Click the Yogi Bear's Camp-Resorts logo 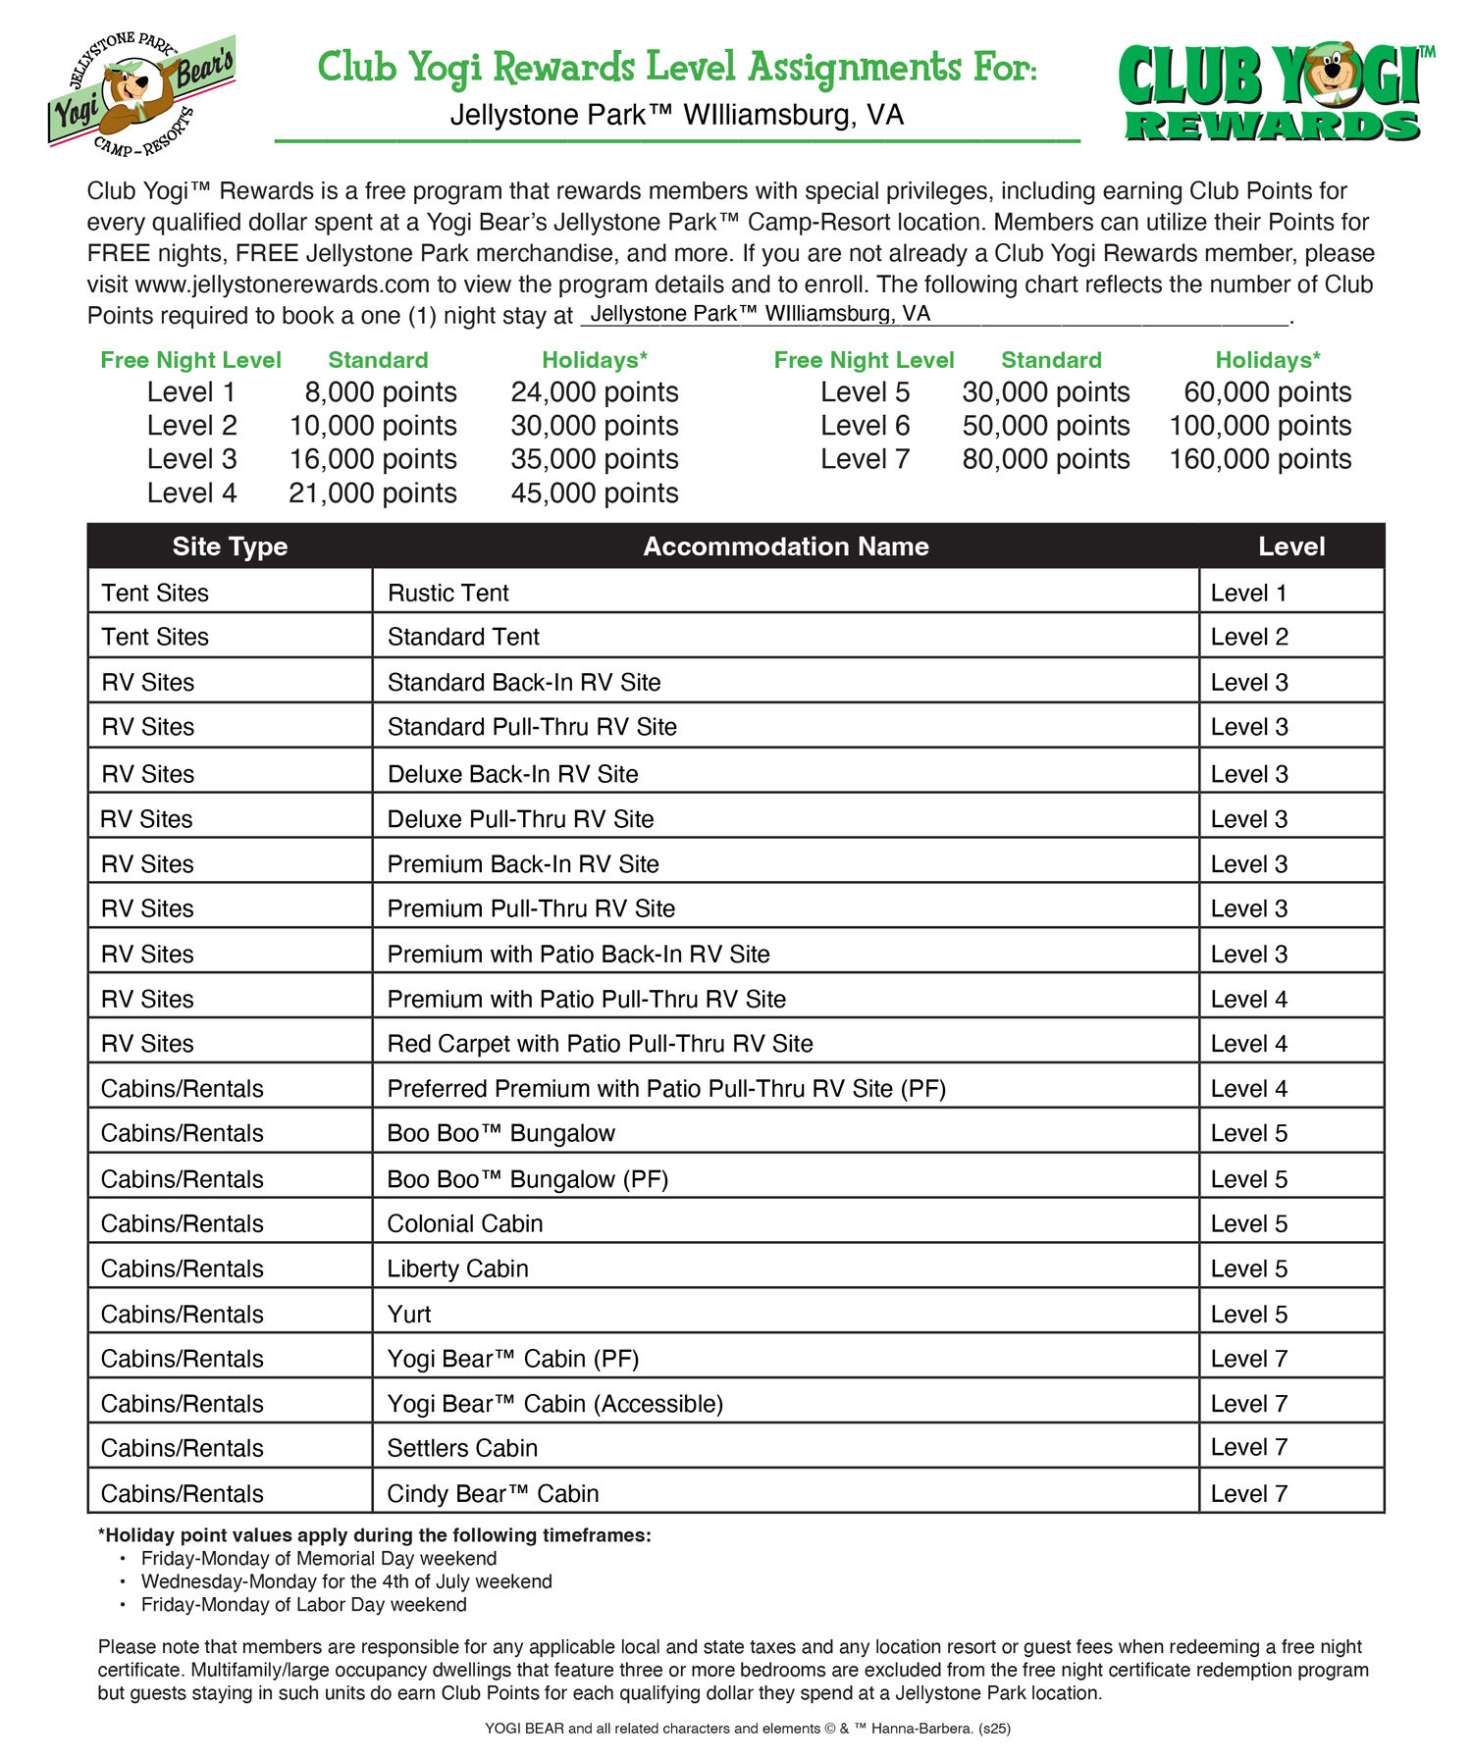141,93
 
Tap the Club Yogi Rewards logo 1274,93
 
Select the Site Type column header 230,546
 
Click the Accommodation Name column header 785,546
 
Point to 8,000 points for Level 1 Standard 380,392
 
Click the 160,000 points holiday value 1260,459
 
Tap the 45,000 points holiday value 594,492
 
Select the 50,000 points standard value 1045,426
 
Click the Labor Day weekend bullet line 303,1604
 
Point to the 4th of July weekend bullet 346,1581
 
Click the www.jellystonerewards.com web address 283,285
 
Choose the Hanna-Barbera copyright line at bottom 747,1729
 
